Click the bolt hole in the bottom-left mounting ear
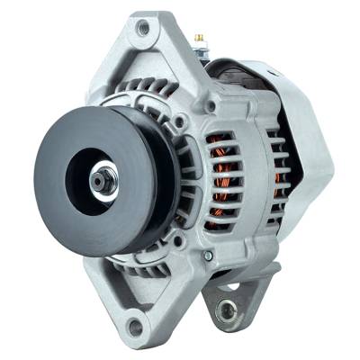[134, 325]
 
